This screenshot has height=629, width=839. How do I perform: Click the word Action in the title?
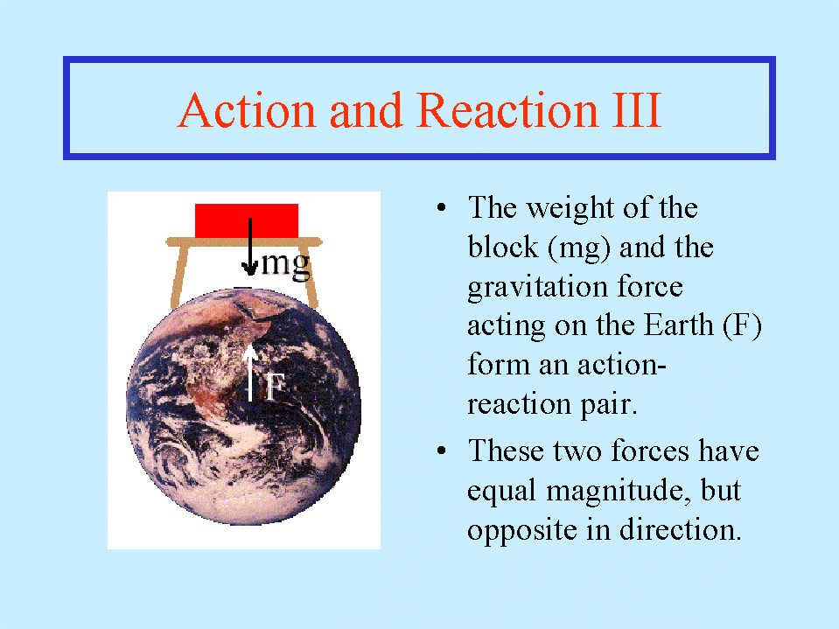[x=247, y=110]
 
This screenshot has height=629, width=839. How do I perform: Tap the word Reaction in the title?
[x=507, y=110]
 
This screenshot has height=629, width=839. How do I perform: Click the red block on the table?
[x=247, y=221]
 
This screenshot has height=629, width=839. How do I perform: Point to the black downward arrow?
[x=249, y=246]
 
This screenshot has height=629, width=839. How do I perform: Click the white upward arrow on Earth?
[x=250, y=373]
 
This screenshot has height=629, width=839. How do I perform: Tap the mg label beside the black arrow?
[x=286, y=265]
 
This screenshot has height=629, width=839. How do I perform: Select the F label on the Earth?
[x=276, y=386]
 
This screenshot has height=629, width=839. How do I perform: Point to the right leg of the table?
[x=311, y=276]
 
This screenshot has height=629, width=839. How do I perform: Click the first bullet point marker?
[x=442, y=208]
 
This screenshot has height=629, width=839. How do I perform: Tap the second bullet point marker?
[x=442, y=451]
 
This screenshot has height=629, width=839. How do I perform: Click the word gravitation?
[x=536, y=287]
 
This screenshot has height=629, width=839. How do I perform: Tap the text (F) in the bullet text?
[x=742, y=325]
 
